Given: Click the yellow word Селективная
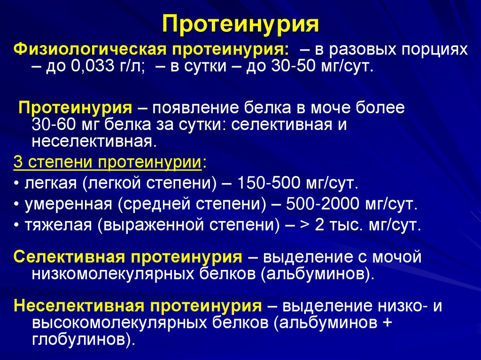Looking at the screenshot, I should (x=69, y=257).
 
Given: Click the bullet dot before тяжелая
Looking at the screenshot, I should (x=17, y=226).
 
